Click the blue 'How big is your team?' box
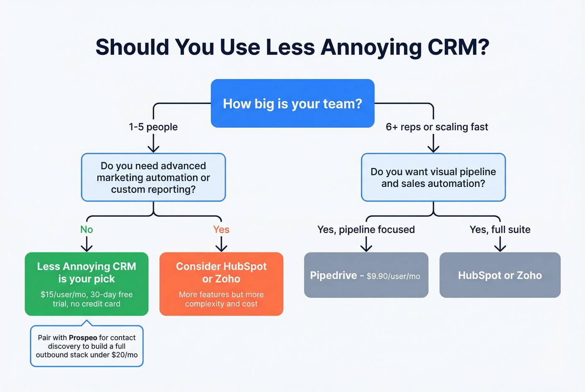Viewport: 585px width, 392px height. (x=292, y=103)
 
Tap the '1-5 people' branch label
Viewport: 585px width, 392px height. (x=153, y=127)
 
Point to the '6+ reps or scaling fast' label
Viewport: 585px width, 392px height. (x=437, y=127)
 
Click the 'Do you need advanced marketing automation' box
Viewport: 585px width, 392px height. (x=153, y=177)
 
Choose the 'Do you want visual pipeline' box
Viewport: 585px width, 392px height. (x=433, y=177)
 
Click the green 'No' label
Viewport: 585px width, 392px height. (x=86, y=230)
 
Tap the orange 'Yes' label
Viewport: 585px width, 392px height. (x=221, y=230)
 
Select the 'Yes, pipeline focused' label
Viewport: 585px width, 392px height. (x=366, y=230)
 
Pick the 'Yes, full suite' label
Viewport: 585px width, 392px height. (x=500, y=230)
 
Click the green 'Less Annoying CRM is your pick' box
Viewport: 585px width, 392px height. (x=86, y=284)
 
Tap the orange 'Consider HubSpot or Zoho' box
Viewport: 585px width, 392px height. (x=221, y=284)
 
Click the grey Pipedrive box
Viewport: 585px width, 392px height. (x=366, y=275)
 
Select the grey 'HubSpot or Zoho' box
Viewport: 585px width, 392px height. (x=500, y=275)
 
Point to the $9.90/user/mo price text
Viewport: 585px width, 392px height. (x=393, y=276)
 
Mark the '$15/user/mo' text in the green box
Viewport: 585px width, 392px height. (x=63, y=295)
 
